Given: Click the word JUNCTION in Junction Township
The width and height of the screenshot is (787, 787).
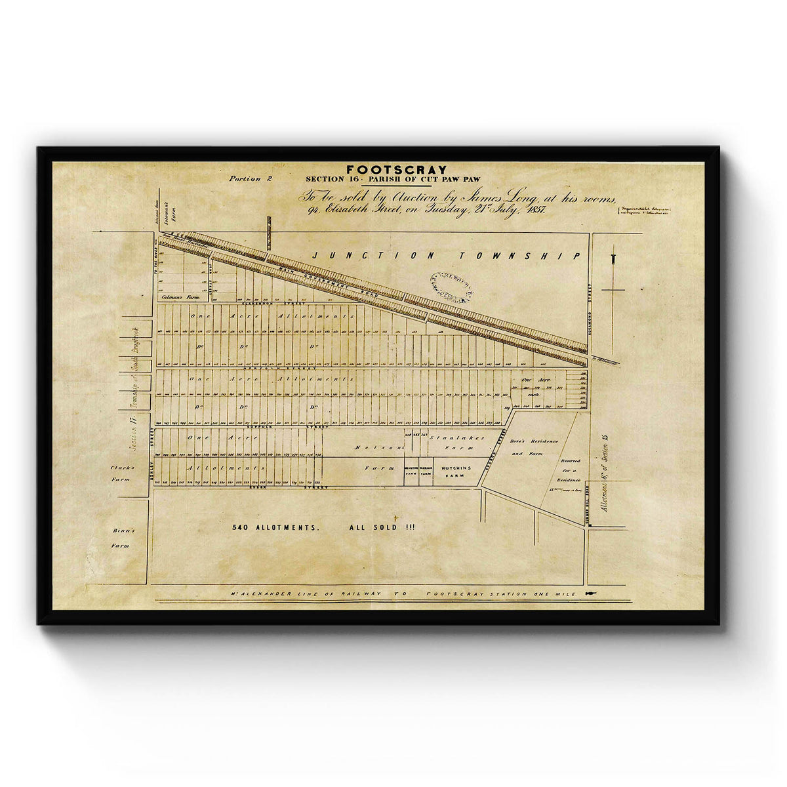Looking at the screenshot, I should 359,255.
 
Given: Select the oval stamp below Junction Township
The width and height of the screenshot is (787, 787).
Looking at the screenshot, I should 452,287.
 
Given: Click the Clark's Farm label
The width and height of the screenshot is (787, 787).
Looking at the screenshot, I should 123,473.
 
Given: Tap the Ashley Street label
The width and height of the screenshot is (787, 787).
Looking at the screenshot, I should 153,460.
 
